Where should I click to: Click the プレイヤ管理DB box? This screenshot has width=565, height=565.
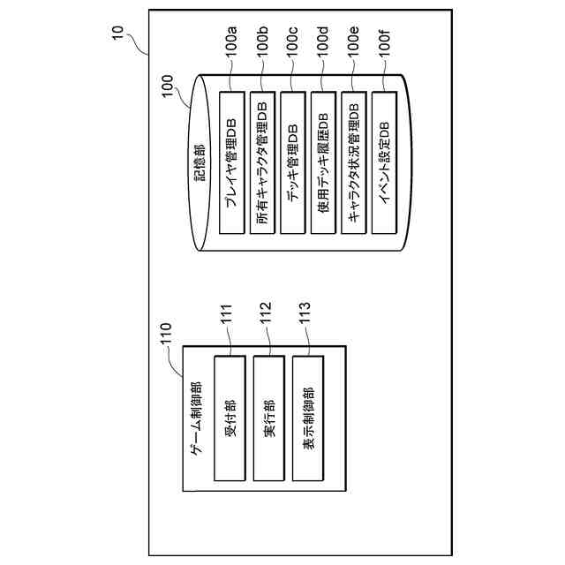pos(231,162)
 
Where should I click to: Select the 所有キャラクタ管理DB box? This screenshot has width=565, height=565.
pos(262,162)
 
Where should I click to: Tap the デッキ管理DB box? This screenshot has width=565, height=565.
pos(293,162)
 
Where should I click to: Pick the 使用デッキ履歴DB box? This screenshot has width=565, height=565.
pos(324,162)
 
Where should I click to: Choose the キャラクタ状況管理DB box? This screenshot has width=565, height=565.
pos(354,162)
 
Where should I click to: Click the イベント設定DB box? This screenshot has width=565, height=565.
pos(385,162)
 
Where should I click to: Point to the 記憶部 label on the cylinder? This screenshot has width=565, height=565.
pos(200,162)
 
